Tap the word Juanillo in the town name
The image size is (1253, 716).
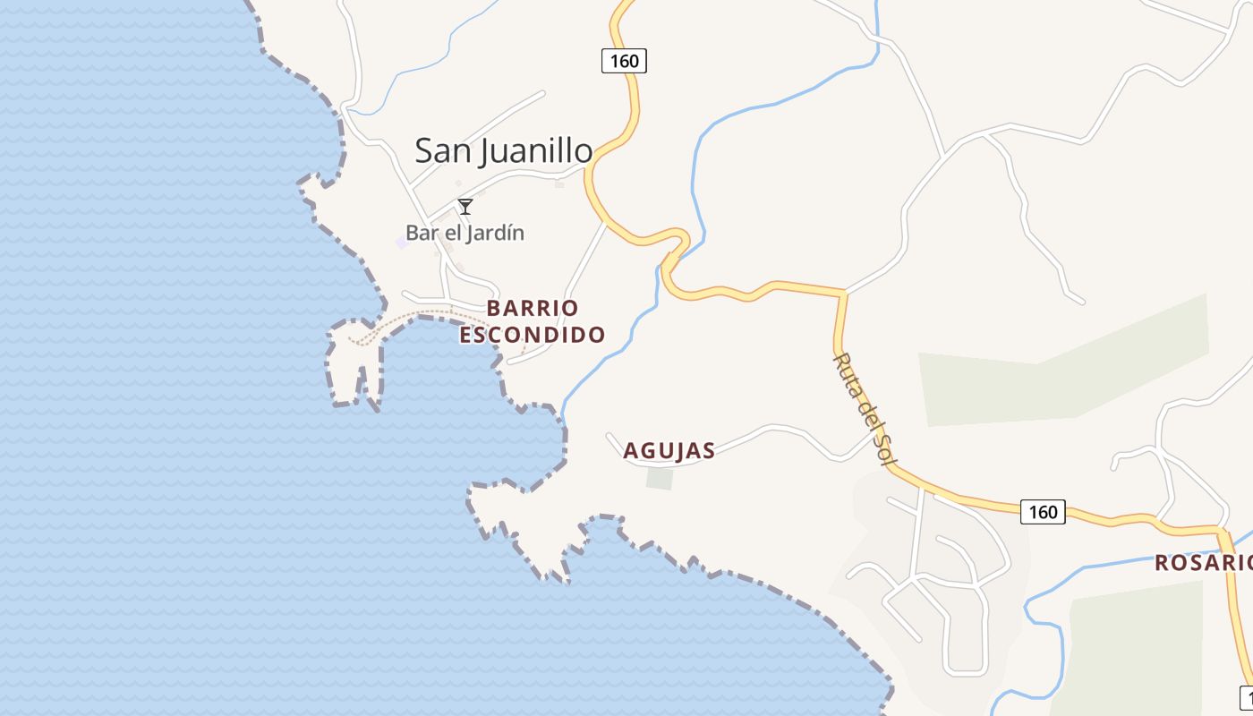pos(536,151)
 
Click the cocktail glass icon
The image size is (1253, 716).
pos(465,207)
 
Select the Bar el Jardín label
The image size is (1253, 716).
pos(465,233)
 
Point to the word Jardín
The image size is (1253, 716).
pos(495,233)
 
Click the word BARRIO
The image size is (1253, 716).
pos(533,308)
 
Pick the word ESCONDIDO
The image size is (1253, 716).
pos(533,335)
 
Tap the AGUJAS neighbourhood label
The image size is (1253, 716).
pos(669,450)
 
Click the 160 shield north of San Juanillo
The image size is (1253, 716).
pos(623,61)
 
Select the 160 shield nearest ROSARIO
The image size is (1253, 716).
pos(1043,512)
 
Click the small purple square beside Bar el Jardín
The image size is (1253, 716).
pos(402,243)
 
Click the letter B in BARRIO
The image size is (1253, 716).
pos(494,308)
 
